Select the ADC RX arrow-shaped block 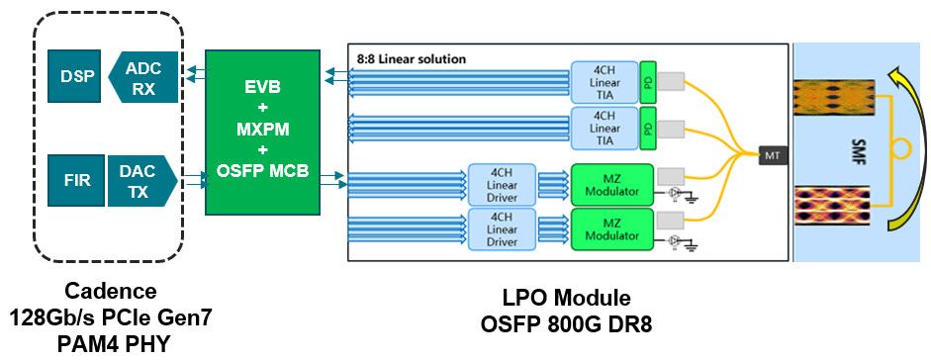click(x=145, y=77)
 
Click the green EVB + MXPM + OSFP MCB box click(x=262, y=133)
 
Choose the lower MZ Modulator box click(x=612, y=228)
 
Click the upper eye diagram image click(x=836, y=96)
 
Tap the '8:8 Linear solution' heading click(x=411, y=59)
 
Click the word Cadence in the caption click(x=110, y=292)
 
